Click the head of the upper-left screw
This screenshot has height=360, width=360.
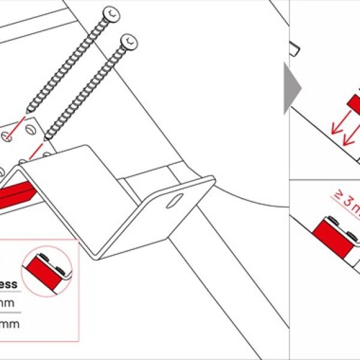tap(111, 13)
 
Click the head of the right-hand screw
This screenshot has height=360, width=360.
tap(128, 43)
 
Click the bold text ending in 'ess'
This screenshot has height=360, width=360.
tap(8, 284)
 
